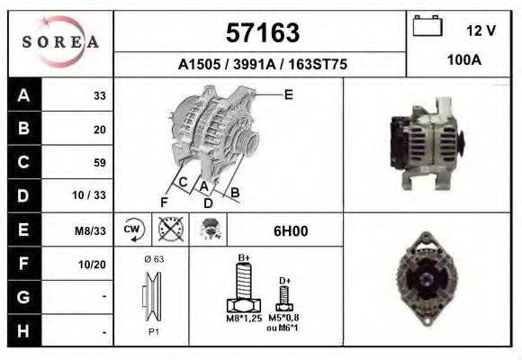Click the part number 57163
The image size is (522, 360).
click(263, 32)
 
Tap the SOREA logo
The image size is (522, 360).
click(60, 41)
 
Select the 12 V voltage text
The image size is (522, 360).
click(481, 31)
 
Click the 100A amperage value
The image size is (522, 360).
click(464, 60)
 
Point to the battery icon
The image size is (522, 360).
click(427, 25)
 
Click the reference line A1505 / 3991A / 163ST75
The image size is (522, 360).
click(262, 64)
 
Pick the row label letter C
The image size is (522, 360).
click(23, 162)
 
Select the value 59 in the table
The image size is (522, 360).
click(100, 163)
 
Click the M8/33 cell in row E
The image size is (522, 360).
click(90, 230)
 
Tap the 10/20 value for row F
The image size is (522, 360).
click(92, 265)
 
